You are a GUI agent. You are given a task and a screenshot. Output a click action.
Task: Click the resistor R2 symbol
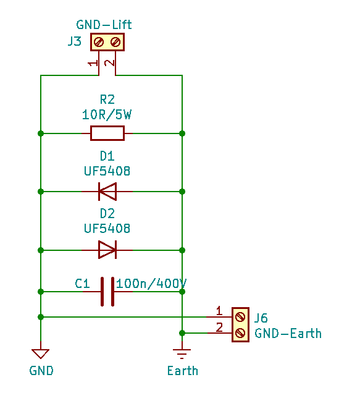pos(107,133)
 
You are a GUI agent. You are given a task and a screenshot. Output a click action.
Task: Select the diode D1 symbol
pos(107,192)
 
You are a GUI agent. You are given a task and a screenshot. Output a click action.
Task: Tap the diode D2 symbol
pos(107,250)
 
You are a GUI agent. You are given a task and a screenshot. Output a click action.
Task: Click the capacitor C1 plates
pos(107,292)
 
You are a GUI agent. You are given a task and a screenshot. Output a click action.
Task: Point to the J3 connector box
pos(107,42)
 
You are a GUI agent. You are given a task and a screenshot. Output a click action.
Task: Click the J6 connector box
pos(240,324)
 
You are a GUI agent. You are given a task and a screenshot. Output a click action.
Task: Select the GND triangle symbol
pos(40,353)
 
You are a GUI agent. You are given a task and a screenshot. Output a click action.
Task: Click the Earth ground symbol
pos(182,353)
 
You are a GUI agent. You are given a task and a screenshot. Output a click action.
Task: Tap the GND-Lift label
pos(104,25)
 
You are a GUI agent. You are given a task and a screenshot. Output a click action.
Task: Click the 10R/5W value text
pos(107,115)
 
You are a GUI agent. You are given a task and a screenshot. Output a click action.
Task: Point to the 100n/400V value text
pos(151,284)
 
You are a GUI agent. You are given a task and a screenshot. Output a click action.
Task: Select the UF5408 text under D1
pos(107,171)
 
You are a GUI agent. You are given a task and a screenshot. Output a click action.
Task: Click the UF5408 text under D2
pos(107,229)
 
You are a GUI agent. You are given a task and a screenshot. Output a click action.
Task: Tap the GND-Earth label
pos(288,334)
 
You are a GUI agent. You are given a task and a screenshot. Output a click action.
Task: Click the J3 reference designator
pos(75,41)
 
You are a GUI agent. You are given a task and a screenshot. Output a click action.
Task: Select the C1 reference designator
pos(82,284)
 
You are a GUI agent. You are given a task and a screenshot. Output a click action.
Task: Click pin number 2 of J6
pos(219,328)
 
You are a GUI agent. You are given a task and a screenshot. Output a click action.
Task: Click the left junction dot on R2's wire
pos(41,133)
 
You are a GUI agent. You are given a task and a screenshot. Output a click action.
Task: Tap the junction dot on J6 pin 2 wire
pos(182,333)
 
